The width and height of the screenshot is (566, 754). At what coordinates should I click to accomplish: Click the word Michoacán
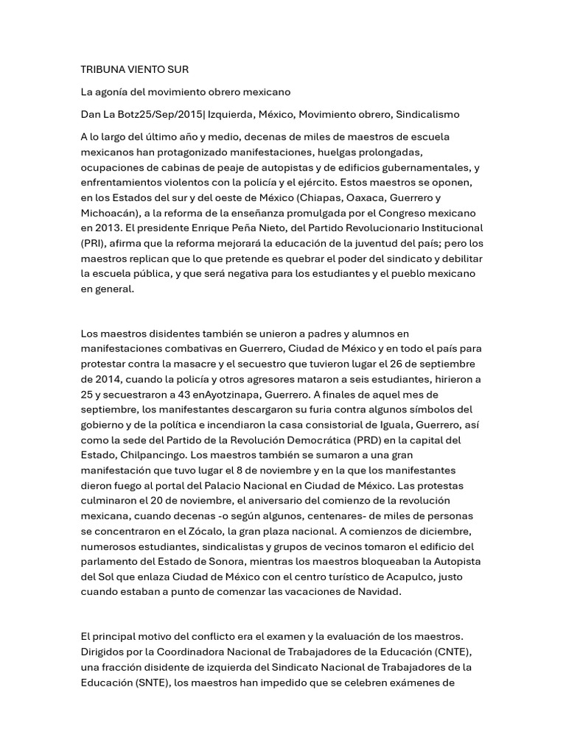coord(109,213)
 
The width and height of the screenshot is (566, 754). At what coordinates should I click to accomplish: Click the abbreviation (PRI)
coord(93,244)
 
